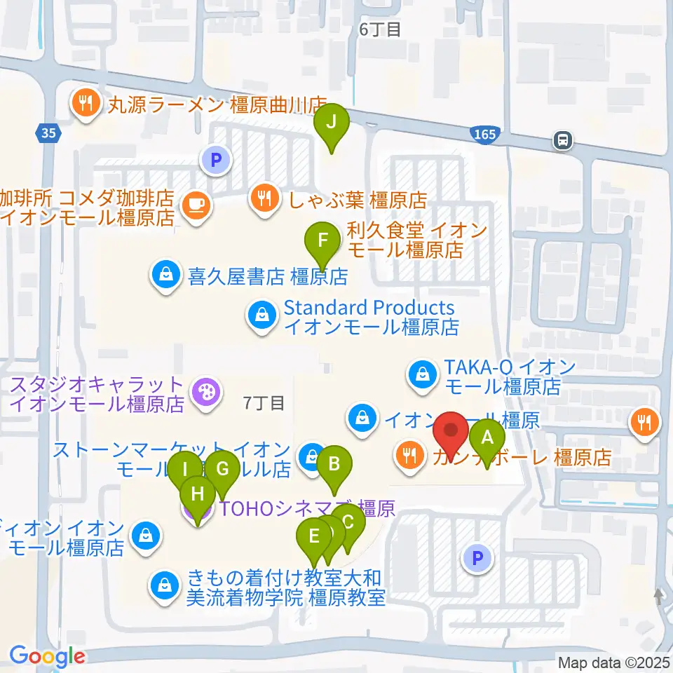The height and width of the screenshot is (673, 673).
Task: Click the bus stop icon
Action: point(562,140)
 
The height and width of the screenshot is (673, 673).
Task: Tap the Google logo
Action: point(47,656)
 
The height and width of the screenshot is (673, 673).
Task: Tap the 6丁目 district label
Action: point(379,29)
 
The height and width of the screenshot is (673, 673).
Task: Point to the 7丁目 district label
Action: point(264,403)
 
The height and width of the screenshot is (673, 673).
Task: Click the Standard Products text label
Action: point(369,308)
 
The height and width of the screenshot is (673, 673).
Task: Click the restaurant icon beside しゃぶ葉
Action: point(263,198)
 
